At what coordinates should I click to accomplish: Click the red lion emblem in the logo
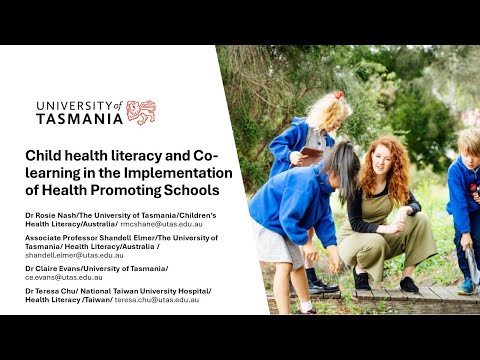[141, 113]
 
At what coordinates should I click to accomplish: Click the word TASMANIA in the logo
[80, 119]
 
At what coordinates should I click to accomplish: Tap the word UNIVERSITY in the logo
[75, 106]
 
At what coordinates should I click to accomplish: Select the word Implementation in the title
[178, 173]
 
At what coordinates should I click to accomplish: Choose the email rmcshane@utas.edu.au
[161, 224]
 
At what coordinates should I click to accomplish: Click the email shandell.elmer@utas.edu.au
[74, 255]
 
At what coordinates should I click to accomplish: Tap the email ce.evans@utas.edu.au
[64, 277]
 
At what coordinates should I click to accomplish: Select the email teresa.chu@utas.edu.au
[157, 300]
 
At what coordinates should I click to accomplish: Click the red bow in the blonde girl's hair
[339, 95]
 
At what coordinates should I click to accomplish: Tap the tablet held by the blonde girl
[311, 156]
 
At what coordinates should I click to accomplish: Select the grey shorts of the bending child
[279, 244]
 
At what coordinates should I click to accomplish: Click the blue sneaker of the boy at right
[466, 286]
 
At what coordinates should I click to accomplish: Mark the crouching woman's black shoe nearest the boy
[409, 285]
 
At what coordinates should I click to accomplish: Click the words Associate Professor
[61, 238]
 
